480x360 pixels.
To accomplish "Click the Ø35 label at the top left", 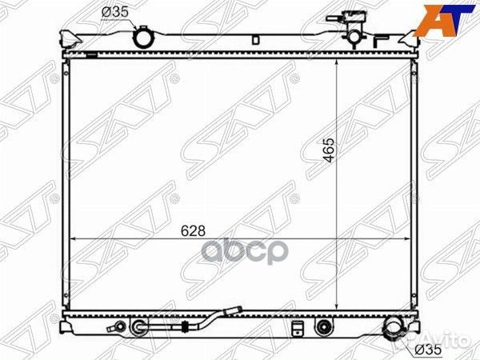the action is (114, 12).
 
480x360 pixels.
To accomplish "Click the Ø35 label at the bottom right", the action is (428, 350).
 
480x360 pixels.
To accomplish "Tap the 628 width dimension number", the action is (193, 231).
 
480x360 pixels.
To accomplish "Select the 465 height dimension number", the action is (329, 150).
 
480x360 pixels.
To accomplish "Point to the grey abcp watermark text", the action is (245, 252).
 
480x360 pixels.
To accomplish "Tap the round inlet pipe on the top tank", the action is (142, 38).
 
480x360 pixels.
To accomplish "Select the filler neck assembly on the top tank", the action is (349, 29).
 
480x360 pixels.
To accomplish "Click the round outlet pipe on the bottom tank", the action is (393, 326).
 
